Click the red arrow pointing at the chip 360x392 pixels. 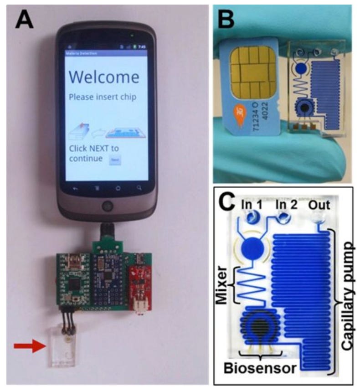(28, 347)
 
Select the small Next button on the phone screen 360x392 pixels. (115, 160)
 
